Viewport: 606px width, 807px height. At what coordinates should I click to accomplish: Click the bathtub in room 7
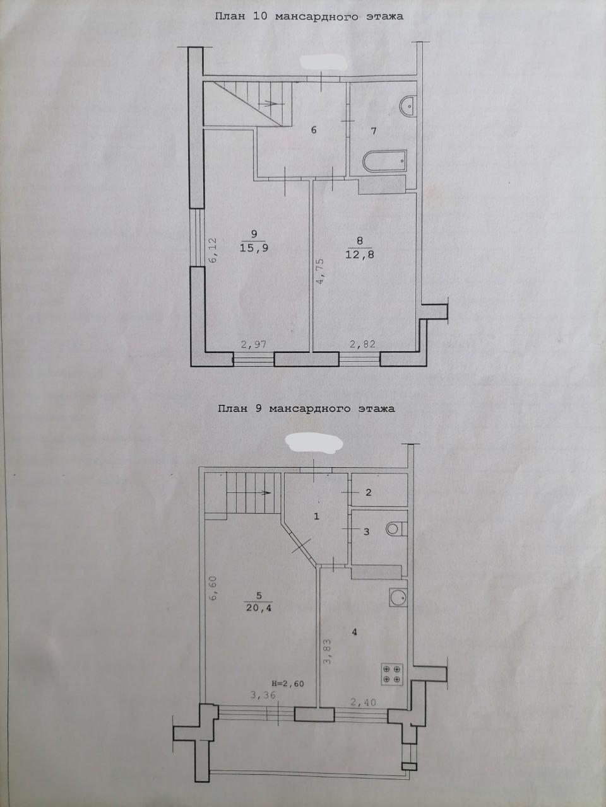[x=385, y=161]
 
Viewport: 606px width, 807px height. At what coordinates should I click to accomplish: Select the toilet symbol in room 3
[x=396, y=529]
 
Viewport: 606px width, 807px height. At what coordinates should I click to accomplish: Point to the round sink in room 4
[x=398, y=598]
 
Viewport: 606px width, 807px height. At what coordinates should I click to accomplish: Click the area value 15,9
[x=254, y=248]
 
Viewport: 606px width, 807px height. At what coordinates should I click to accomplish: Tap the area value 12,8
[x=359, y=255]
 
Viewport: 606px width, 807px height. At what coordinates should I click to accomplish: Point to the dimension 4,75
[x=320, y=272]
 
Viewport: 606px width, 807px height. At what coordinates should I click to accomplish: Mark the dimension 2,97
[x=254, y=344]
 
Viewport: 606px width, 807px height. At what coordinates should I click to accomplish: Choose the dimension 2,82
[x=362, y=344]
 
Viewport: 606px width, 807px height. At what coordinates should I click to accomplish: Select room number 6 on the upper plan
[x=314, y=130]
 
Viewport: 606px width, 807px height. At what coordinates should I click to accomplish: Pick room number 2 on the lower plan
[x=369, y=492]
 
